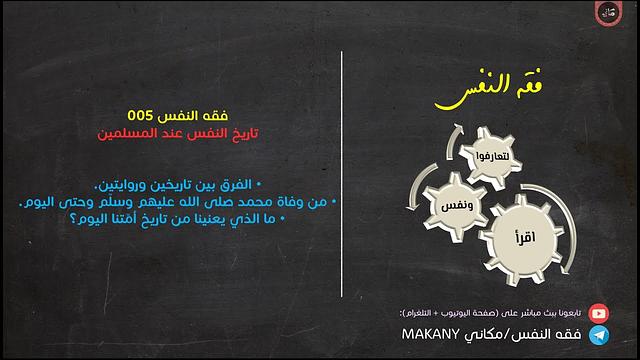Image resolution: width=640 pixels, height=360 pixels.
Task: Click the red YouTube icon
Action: [x=598, y=312]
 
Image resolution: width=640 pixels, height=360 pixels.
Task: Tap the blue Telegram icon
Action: [x=598, y=335]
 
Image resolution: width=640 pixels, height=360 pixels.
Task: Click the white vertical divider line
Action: [x=342, y=180]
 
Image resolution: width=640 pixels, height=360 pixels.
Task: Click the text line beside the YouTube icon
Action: [x=493, y=312]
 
